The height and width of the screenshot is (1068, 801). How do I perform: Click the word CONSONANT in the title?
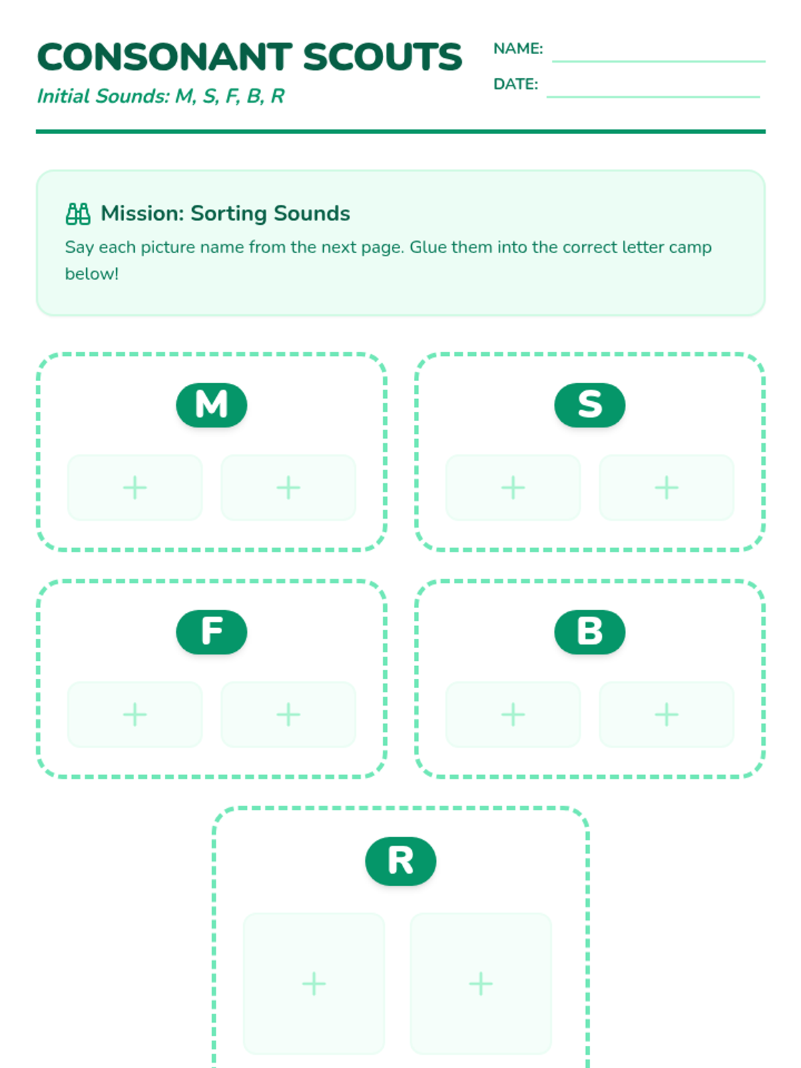tap(164, 57)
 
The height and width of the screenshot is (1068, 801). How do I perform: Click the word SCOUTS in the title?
tap(382, 57)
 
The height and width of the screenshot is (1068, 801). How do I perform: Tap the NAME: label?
tap(518, 49)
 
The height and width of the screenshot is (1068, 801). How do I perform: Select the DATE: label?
tap(515, 84)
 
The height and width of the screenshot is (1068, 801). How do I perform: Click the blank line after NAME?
tap(659, 61)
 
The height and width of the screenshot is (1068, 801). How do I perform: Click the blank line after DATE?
tap(653, 97)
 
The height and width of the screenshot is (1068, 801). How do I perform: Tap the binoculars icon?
tap(78, 214)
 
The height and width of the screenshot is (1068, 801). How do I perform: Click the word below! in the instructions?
tap(92, 274)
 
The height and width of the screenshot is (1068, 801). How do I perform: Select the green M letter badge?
tap(212, 405)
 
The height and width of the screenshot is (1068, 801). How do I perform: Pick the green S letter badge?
tap(589, 405)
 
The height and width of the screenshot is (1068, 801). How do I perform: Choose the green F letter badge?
tap(212, 631)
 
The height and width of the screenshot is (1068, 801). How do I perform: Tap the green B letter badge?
tap(589, 631)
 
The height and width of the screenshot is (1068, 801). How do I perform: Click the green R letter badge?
tap(400, 860)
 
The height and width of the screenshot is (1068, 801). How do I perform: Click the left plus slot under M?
tap(135, 487)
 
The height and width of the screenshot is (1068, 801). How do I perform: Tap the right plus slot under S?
tap(666, 487)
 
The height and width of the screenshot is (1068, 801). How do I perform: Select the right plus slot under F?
tap(288, 714)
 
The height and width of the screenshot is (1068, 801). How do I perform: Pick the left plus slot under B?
tap(513, 714)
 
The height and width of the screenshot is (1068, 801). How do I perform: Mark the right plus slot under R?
tap(481, 983)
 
